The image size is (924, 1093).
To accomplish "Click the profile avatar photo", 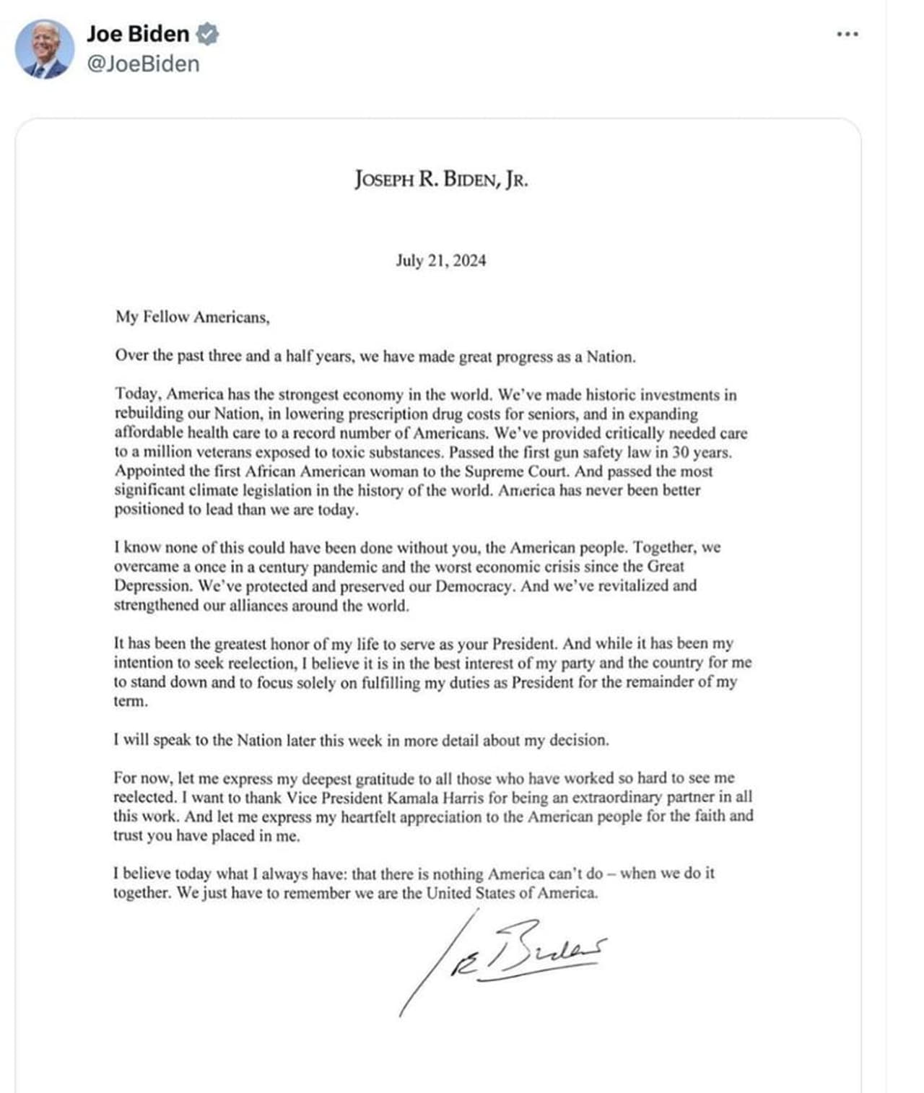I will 45,49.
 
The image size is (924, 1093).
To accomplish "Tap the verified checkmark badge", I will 207,34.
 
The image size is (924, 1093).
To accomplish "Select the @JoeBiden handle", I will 143,64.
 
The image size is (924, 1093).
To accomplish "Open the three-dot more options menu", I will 847,34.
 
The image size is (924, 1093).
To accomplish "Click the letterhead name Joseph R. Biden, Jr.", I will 441,179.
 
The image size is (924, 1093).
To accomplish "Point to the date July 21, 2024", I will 440,261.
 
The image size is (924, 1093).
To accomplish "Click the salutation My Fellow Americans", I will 192,317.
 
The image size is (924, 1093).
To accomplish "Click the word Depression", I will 153,585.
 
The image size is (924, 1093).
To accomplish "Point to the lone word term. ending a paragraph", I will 131,701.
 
